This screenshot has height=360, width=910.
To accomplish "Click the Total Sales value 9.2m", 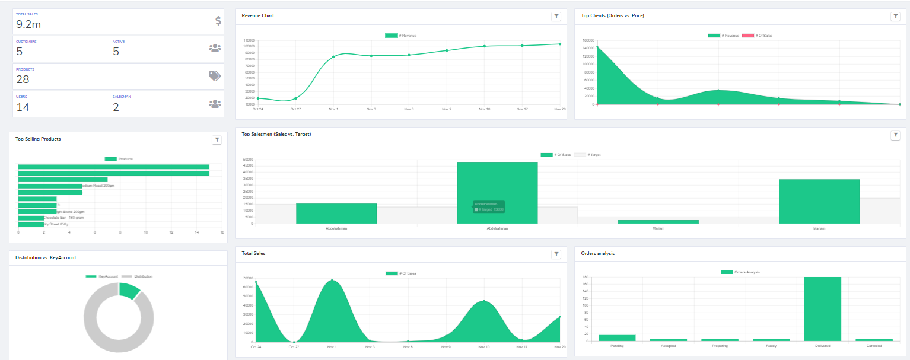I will click(x=28, y=24).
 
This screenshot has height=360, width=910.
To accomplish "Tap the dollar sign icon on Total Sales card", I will click(x=218, y=21).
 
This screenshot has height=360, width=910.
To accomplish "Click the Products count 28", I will click(x=23, y=79).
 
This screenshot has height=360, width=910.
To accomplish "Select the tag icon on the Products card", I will click(x=214, y=75).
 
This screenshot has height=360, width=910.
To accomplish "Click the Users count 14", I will click(x=23, y=107).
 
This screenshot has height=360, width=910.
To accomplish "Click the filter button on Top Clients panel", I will click(x=895, y=17).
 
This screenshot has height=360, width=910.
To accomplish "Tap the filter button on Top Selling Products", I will click(x=217, y=140).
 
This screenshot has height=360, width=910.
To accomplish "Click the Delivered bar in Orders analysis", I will click(x=822, y=308).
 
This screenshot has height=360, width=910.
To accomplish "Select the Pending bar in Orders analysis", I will click(x=616, y=337).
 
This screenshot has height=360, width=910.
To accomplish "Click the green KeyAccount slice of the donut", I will click(x=129, y=289).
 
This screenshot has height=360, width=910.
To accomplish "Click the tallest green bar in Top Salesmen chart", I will click(x=497, y=193).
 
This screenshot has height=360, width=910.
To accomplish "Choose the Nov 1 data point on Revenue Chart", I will click(x=333, y=57).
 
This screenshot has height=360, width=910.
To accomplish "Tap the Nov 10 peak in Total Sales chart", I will click(x=484, y=301).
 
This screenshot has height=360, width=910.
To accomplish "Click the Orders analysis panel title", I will click(x=597, y=253).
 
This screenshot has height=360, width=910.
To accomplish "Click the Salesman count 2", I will click(x=116, y=107).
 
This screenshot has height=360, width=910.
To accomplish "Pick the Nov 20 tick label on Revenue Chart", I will click(x=559, y=109).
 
